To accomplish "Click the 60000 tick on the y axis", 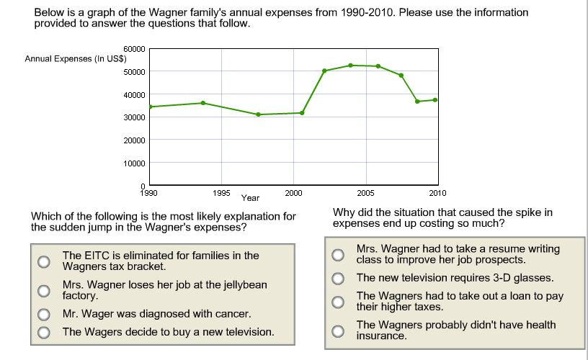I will tap(136, 49).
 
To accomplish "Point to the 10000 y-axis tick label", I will tap(136, 163).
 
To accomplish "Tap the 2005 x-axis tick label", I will tap(365, 193).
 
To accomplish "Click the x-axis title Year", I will tap(250, 198).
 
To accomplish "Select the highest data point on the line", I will tap(351, 66).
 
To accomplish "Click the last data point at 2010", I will tap(435, 99).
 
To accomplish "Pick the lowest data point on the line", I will tap(258, 114).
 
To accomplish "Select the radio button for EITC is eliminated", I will tap(45, 261).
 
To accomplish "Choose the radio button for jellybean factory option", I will tap(45, 291).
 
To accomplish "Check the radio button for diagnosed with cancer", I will tap(45, 315).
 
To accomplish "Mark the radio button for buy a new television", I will tap(45, 332).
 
